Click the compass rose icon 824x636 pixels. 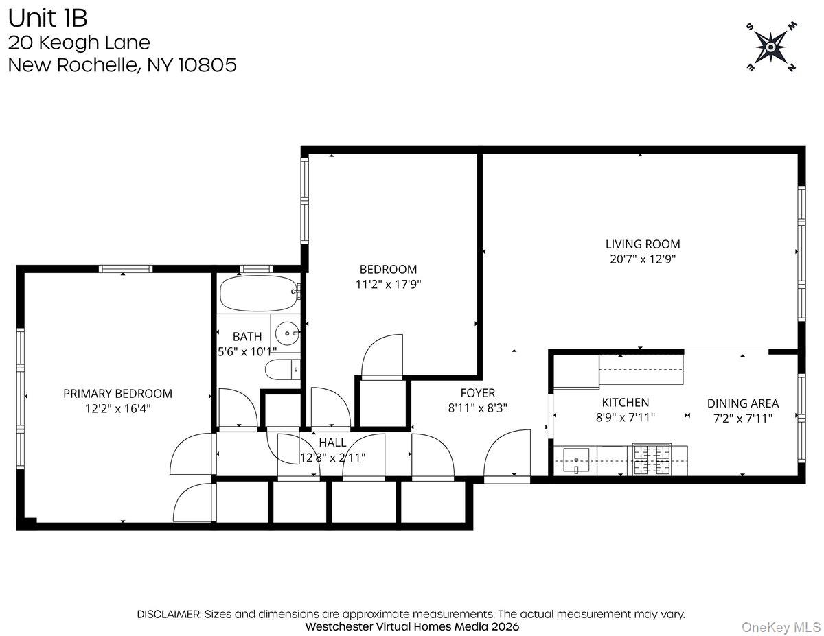(771, 47)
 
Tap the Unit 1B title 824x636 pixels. (47, 17)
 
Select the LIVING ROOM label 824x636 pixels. (642, 244)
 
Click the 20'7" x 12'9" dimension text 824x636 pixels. (642, 259)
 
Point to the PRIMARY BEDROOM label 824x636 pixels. (117, 393)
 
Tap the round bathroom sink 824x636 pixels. (286, 334)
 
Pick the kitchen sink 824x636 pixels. (575, 460)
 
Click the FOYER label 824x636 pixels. (477, 393)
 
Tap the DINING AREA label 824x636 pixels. (742, 403)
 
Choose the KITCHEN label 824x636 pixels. (625, 403)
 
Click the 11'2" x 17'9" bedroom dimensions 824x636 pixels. (388, 284)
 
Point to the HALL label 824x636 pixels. (332, 443)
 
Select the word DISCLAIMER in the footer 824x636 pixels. (168, 614)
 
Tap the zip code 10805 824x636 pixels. (207, 65)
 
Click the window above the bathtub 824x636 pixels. (255, 269)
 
